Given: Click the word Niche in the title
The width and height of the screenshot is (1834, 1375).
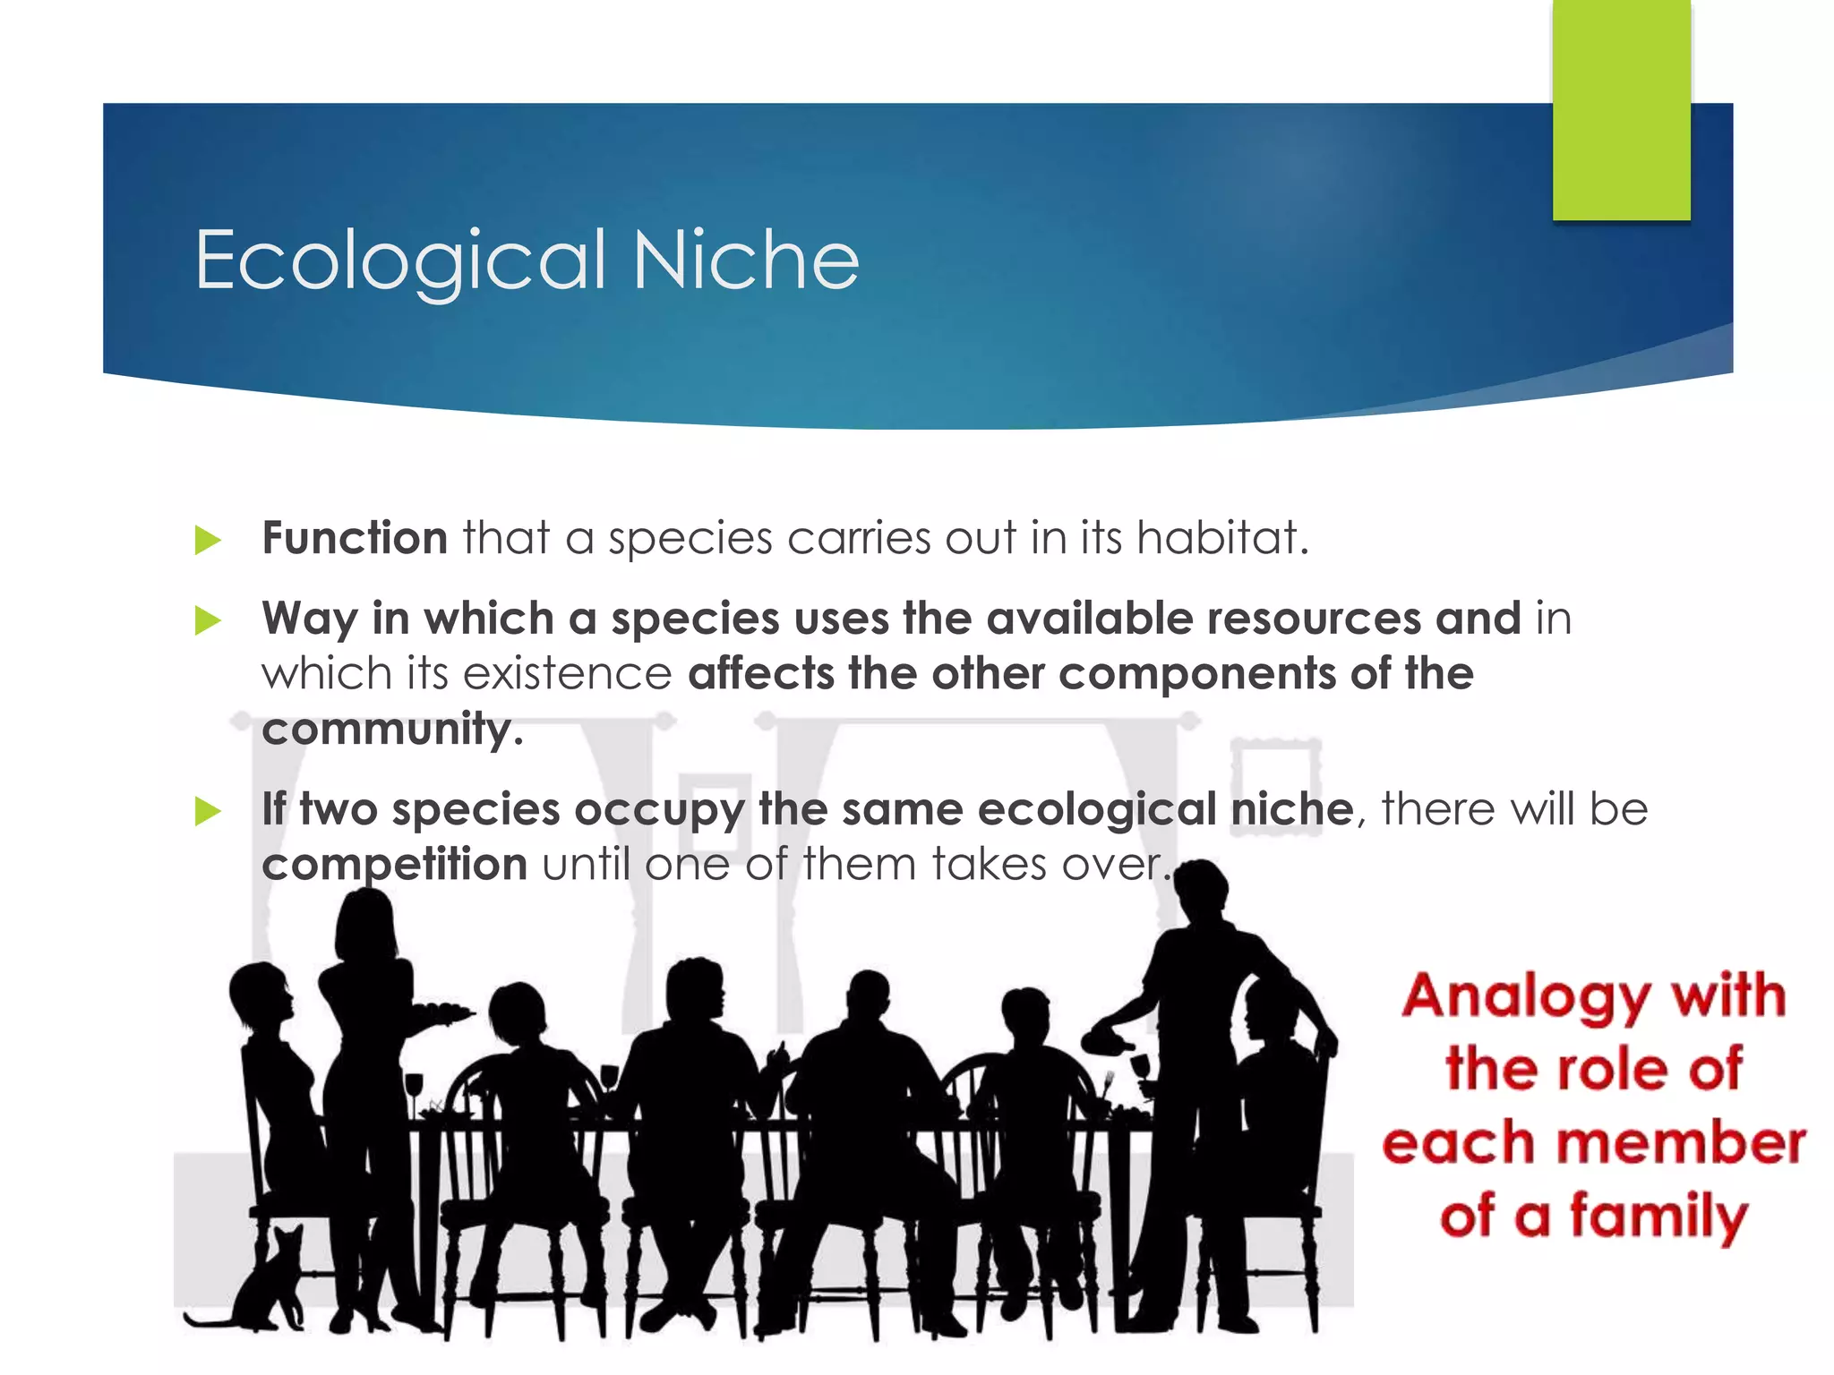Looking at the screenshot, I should click(745, 260).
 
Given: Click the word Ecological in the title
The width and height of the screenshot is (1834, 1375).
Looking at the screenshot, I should click(400, 260).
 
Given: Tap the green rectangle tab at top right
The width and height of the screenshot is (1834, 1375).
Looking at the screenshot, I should click(1621, 109).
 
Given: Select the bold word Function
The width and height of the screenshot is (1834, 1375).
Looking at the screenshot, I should click(355, 538).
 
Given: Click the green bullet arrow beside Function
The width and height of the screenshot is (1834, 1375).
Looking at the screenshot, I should click(208, 540).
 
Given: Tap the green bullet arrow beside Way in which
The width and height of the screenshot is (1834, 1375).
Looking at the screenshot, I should click(208, 620).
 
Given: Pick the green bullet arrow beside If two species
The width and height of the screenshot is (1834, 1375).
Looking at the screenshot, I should click(208, 811).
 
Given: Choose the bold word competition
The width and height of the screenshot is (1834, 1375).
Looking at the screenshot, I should click(394, 865).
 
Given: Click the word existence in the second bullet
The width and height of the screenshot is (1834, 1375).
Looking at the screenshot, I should click(567, 673).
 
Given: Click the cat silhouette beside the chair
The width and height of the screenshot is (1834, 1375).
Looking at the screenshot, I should click(269, 1280).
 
